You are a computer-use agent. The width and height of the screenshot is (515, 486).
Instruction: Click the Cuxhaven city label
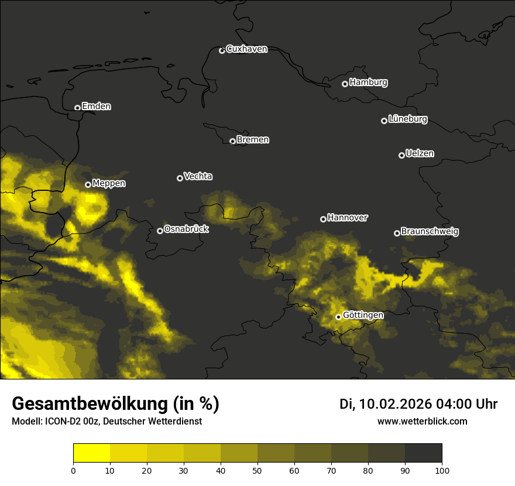(x=246, y=49)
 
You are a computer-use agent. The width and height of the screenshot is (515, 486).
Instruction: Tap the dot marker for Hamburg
(x=345, y=84)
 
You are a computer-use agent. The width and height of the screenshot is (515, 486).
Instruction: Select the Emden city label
(x=96, y=107)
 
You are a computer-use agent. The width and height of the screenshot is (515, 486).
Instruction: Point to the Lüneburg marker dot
(x=384, y=121)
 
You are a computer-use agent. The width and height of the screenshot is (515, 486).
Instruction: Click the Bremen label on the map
(x=253, y=140)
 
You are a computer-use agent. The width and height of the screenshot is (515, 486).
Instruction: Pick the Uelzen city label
(x=420, y=153)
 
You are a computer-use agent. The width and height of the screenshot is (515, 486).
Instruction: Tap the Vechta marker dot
(x=180, y=178)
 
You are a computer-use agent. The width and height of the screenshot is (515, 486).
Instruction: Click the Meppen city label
(x=109, y=183)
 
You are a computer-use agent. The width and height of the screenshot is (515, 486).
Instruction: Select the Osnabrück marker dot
(x=160, y=231)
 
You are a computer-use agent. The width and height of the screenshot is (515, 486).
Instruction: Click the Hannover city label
(x=348, y=218)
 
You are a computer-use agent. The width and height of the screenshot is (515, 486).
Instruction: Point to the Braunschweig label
(x=430, y=232)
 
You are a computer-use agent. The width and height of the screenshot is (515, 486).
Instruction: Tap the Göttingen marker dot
(x=338, y=317)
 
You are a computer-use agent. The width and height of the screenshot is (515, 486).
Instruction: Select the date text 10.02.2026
(x=395, y=404)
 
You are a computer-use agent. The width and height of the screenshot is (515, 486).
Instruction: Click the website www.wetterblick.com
(x=422, y=421)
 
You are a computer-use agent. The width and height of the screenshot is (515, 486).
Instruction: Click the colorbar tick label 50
(x=257, y=470)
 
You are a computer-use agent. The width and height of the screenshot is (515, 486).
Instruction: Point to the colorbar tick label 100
(x=442, y=470)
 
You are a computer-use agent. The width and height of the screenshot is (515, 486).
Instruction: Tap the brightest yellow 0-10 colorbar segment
(x=91, y=453)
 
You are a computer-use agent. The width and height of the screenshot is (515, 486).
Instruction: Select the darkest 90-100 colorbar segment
(x=423, y=453)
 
